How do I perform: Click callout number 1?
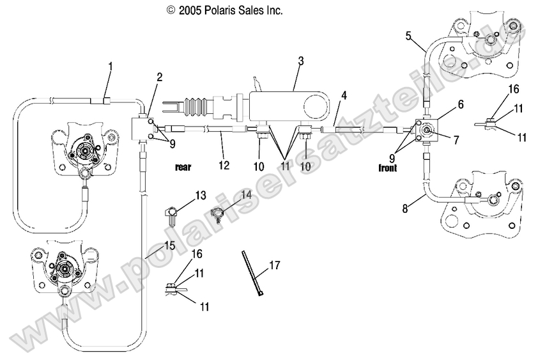[111, 66]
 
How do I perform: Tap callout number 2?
[159, 77]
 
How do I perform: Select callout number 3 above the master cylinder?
[300, 61]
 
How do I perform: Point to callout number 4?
[344, 96]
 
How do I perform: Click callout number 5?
[408, 36]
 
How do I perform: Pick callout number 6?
[460, 103]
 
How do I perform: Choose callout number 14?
[246, 194]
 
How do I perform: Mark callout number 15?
[169, 245]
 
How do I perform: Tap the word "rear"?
[184, 168]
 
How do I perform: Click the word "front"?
[387, 168]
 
